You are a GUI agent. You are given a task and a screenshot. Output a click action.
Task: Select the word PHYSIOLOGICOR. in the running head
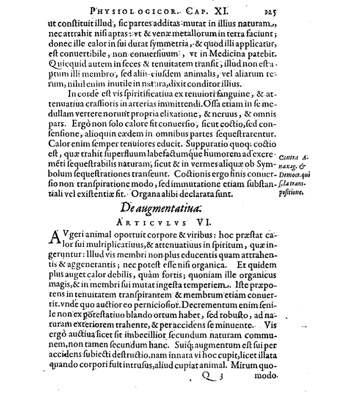click(x=118, y=9)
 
